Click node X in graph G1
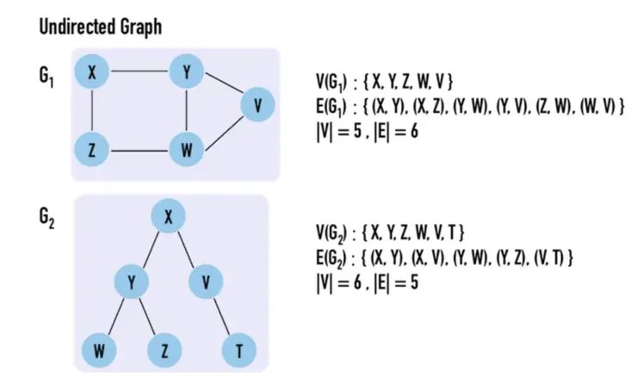[92, 71]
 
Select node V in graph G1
[257, 106]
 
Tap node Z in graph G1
[92, 150]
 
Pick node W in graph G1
[187, 150]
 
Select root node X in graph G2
[170, 219]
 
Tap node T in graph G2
[238, 350]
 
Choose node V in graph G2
[207, 281]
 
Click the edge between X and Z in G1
[92, 110]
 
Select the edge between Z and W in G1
[139, 151]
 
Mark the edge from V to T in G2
[222, 315]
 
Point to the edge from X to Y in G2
[151, 250]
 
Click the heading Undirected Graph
[100, 28]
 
